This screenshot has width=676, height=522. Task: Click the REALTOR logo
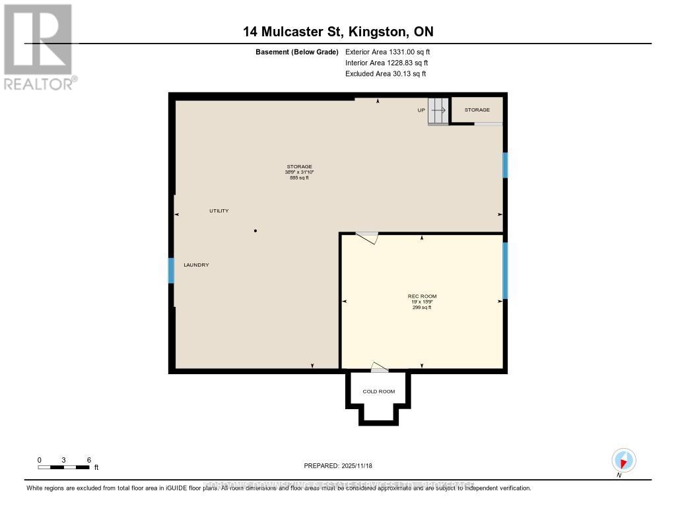(39, 46)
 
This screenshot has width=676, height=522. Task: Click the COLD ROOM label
(379, 391)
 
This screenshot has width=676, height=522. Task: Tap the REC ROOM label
(422, 296)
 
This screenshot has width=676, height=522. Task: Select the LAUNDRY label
(196, 265)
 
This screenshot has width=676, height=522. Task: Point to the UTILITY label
(219, 211)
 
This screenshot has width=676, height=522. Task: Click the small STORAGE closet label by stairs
(477, 110)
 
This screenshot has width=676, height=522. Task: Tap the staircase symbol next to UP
(438, 111)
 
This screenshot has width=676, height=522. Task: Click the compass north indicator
(623, 460)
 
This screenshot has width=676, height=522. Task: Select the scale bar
(63, 467)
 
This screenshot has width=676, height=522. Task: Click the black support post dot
(255, 230)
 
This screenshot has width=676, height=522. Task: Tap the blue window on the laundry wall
(171, 271)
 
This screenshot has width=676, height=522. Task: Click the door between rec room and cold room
(379, 368)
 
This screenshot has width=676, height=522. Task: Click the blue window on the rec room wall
(505, 271)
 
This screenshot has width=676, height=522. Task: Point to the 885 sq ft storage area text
(299, 178)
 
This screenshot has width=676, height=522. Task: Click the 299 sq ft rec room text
(422, 308)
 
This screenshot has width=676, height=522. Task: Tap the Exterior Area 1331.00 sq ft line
(388, 51)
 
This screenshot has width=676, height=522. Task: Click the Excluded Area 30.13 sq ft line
(386, 74)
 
